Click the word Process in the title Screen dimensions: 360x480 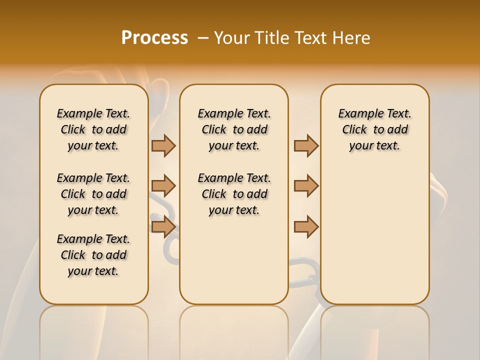tap(154, 38)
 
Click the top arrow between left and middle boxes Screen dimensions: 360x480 tap(163, 145)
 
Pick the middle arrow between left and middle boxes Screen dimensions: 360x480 tap(163, 186)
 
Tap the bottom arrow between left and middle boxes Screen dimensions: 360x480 tap(163, 227)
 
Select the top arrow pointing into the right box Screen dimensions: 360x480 tap(306, 145)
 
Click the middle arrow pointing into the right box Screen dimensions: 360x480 tap(306, 186)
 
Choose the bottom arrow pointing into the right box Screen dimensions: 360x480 tap(306, 227)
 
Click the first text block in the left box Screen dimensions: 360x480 tap(93, 129)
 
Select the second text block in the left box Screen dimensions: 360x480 tap(93, 194)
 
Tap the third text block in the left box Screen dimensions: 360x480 tap(93, 255)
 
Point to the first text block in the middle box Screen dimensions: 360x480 tap(234, 129)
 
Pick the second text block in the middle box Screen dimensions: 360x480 tap(234, 194)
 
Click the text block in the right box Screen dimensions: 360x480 tap(374, 129)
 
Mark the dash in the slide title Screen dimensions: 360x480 tap(203, 38)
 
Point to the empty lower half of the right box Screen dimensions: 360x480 tap(374, 240)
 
